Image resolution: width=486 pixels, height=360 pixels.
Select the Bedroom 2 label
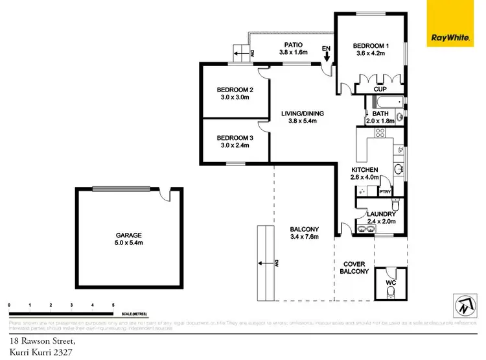click(x=234, y=90)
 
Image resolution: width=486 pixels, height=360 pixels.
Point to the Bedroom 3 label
click(x=234, y=138)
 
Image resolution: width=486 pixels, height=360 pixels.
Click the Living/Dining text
click(x=302, y=114)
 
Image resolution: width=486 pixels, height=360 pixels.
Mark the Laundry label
click(x=380, y=214)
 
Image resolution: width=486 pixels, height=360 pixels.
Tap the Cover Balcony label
click(x=354, y=267)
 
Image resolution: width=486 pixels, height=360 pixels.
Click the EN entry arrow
click(x=327, y=54)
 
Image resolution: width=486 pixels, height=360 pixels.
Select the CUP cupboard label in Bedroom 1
click(x=380, y=88)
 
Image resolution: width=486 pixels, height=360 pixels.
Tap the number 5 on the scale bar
click(x=113, y=304)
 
